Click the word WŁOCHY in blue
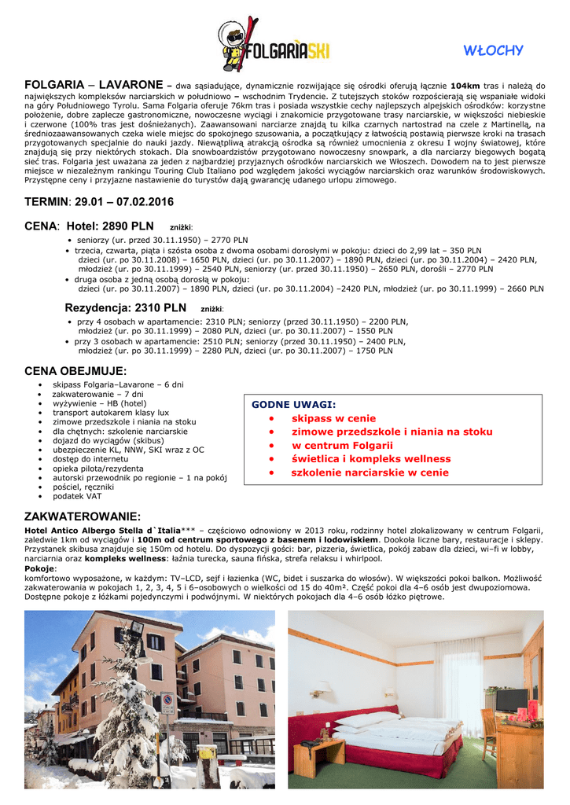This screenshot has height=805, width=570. coord(493,51)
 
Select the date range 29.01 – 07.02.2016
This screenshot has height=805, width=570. coord(125,203)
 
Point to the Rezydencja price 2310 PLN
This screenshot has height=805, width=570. coord(153,308)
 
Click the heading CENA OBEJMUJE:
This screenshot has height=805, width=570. coord(75,370)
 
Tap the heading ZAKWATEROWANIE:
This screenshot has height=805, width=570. coord(83,516)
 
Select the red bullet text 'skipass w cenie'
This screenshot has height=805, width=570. coord(333,418)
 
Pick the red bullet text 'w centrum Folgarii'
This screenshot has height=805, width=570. coord(342,446)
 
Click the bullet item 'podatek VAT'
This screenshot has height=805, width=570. coord(77,497)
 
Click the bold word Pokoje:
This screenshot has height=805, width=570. coord(41,568)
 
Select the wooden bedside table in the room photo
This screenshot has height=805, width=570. coord(318,754)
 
